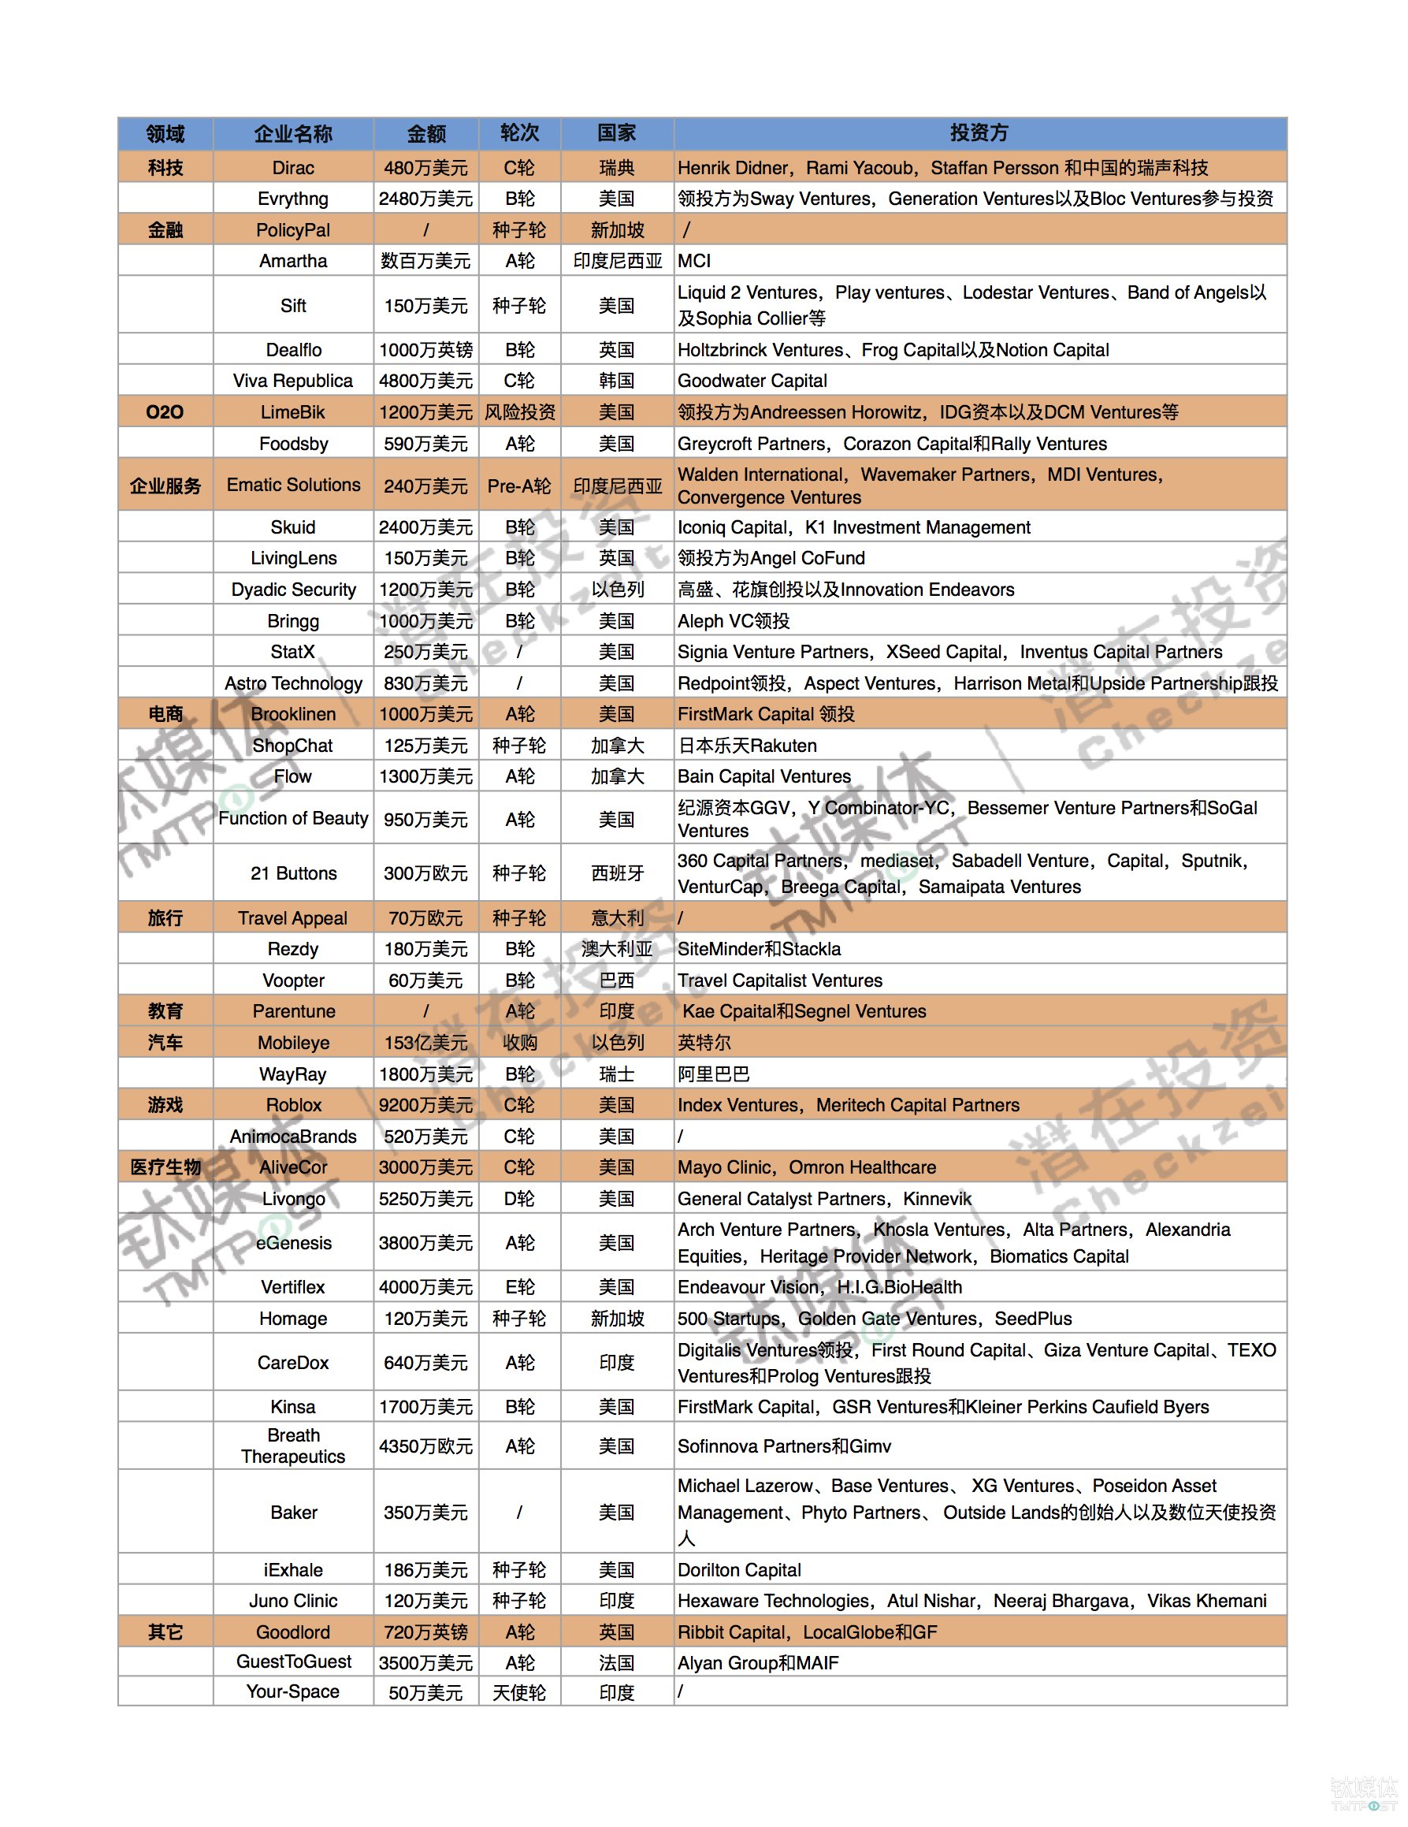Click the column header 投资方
[x=979, y=133]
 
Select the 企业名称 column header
[x=292, y=134]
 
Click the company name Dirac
[x=292, y=167]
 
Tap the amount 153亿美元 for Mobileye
[x=425, y=1042]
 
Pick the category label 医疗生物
[x=165, y=1167]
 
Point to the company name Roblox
[x=293, y=1105]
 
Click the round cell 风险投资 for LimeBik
[x=519, y=412]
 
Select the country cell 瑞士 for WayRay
[x=616, y=1074]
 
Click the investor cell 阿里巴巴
[x=713, y=1074]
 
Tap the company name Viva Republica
[x=292, y=381]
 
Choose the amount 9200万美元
[x=425, y=1105]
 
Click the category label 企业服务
[x=165, y=486]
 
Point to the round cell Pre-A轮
[x=519, y=486]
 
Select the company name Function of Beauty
[x=292, y=818]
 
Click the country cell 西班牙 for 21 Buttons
[x=616, y=873]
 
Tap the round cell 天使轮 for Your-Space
[x=519, y=1692]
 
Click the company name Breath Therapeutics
[x=292, y=1446]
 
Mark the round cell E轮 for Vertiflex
[x=519, y=1286]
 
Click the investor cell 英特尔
[x=704, y=1042]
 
